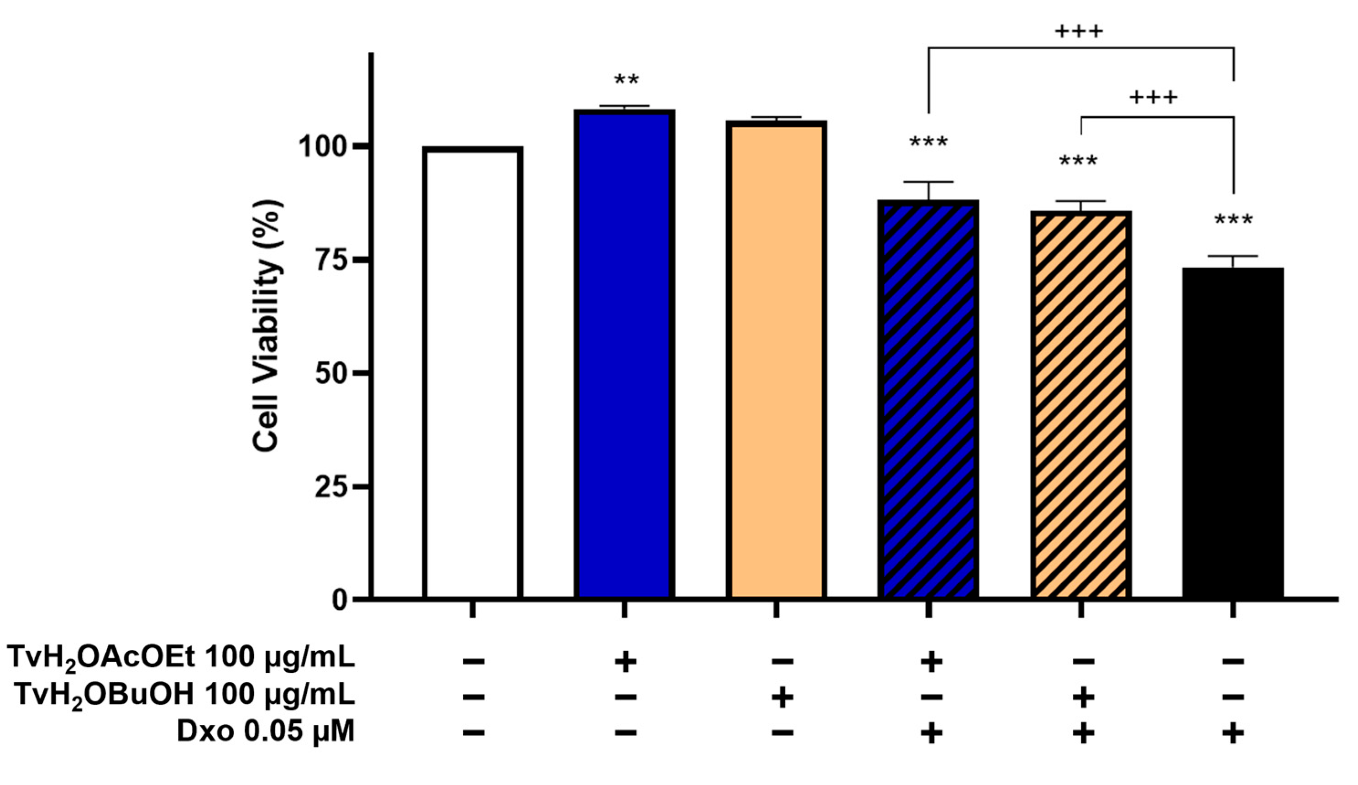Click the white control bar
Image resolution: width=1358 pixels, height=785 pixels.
472,372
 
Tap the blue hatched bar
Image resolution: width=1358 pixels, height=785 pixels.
928,399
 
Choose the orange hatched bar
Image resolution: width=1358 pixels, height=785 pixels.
1080,404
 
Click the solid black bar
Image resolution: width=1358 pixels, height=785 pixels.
1233,431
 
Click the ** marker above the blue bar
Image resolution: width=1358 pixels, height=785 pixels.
626,81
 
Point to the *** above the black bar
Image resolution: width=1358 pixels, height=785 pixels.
1233,220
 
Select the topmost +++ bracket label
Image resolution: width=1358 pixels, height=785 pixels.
1079,31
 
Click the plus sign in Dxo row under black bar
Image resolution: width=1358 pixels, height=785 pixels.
1233,733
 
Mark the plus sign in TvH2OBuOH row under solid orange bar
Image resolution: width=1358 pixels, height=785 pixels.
782,698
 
